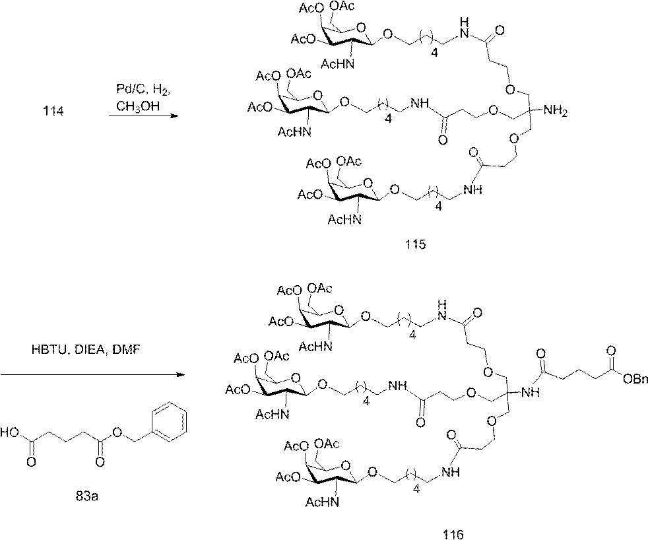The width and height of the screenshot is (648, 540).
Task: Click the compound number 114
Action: tap(53, 111)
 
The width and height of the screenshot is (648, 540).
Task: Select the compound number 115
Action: tap(415, 244)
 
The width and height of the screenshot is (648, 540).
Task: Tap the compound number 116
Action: tap(453, 534)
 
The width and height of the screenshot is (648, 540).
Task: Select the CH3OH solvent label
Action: tap(137, 107)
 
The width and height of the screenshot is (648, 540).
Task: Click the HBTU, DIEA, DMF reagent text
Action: tap(86, 350)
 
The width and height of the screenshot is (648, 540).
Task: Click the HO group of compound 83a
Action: tap(10, 433)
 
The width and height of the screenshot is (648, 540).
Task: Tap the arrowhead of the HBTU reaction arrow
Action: tap(179, 374)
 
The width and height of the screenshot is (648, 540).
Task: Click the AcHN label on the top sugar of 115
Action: tap(338, 64)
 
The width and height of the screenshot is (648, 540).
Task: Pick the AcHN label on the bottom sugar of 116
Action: tap(322, 502)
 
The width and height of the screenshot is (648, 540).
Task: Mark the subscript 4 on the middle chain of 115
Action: tap(388, 119)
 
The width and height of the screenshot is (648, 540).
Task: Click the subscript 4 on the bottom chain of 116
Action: tap(416, 489)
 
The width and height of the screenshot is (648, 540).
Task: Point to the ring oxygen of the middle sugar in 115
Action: tap(317, 96)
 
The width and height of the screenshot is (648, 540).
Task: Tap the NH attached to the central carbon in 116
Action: tap(531, 391)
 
